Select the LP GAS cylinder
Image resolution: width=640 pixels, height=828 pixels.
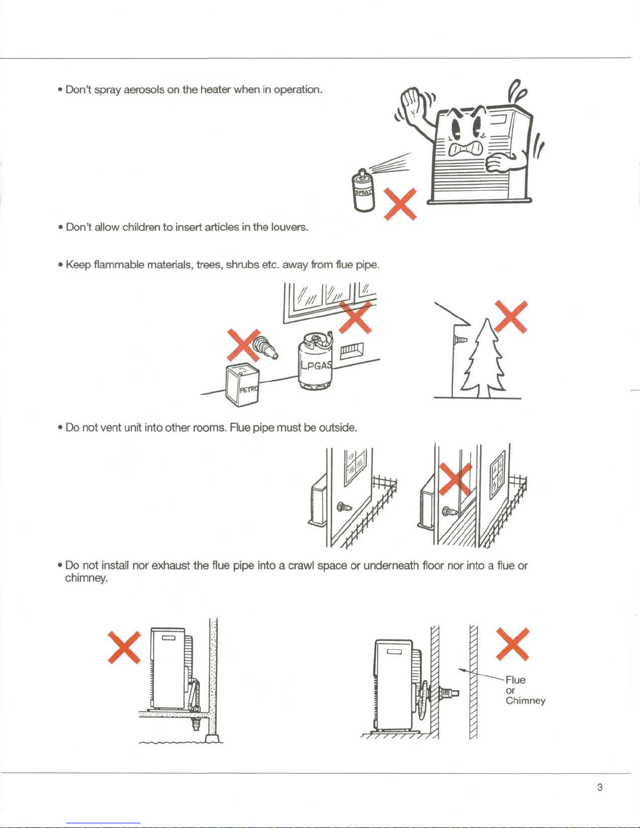[315, 362]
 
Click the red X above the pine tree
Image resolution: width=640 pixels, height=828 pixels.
[511, 317]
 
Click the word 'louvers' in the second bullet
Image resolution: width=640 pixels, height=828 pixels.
[289, 227]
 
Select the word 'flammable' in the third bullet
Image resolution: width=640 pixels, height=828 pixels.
[119, 265]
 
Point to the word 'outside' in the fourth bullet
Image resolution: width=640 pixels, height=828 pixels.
[338, 428]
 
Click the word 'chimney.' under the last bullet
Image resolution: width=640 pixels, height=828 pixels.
[86, 578]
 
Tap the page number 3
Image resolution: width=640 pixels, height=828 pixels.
[600, 787]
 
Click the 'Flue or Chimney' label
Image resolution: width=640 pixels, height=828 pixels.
[525, 690]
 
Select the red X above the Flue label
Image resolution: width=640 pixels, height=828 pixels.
[513, 644]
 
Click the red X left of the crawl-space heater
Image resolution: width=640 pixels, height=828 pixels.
[124, 647]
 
